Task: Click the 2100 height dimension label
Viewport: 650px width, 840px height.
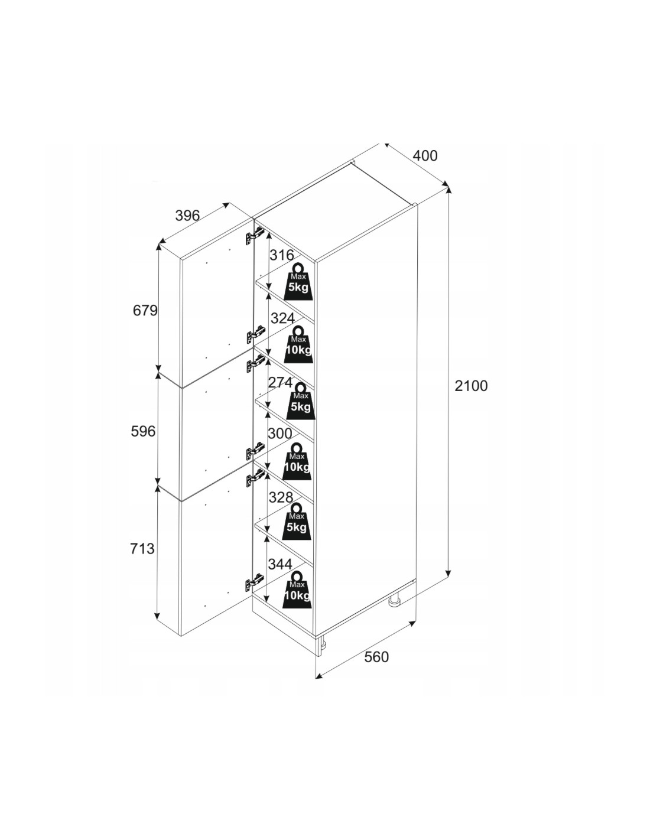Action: point(471,386)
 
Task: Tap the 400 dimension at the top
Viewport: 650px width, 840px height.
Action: point(425,156)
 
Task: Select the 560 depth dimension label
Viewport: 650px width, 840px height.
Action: point(376,657)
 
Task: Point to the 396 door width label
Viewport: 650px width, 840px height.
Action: point(188,216)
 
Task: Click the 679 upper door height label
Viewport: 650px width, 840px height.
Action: point(145,310)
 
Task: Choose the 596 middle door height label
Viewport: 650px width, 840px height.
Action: point(143,432)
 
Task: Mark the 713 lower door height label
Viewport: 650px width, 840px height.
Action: point(142,549)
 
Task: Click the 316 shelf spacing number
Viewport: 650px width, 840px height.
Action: point(281,255)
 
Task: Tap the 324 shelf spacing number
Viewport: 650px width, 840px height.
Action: point(282,318)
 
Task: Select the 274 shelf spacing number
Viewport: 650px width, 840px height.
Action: point(280,382)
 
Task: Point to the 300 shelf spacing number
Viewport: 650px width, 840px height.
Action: point(280,434)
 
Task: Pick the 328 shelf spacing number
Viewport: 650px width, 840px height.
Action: point(281,497)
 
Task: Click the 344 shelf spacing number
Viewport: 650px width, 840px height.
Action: point(280,564)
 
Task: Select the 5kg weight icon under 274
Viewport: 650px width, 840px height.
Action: point(300,401)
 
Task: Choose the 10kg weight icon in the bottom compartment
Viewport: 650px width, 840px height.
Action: point(297,588)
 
